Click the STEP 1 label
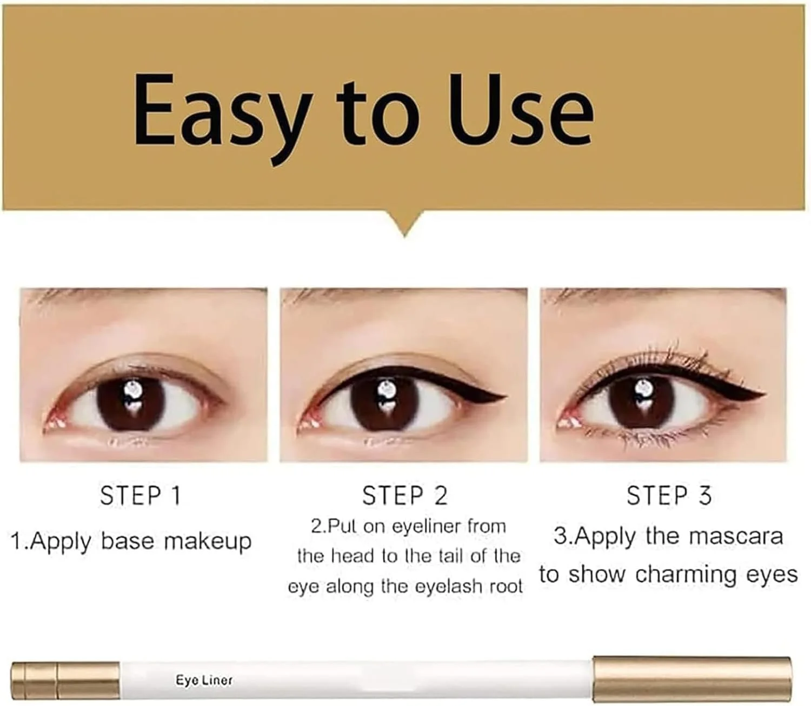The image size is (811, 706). point(141,496)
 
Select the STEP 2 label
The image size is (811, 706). point(405,496)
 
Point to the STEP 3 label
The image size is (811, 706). point(669,496)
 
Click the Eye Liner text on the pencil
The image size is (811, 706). point(204,680)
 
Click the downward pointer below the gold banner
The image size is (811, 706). point(404,223)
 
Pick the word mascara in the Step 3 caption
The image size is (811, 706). point(736,537)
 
